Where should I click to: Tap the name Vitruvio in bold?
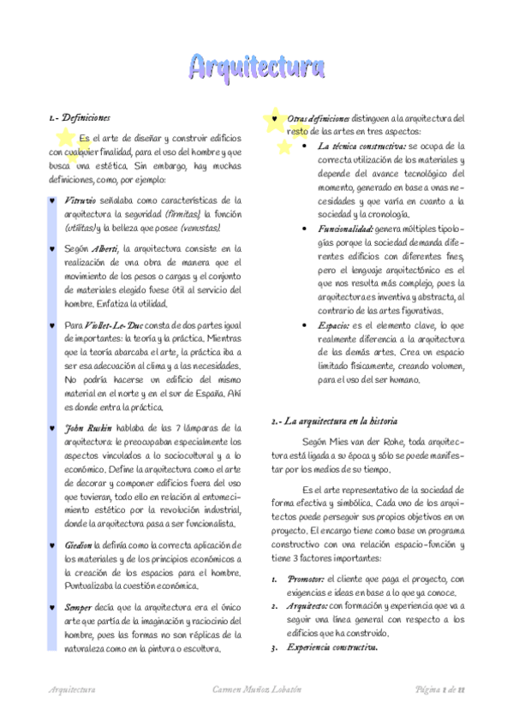coord(81,199)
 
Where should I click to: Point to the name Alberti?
coord(105,248)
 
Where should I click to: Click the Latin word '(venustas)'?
coord(199,228)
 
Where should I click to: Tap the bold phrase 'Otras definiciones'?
coord(319,118)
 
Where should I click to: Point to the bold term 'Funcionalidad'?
coord(343,229)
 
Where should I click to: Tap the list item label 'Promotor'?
coord(306,579)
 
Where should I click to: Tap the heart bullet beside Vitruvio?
coord(54,200)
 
